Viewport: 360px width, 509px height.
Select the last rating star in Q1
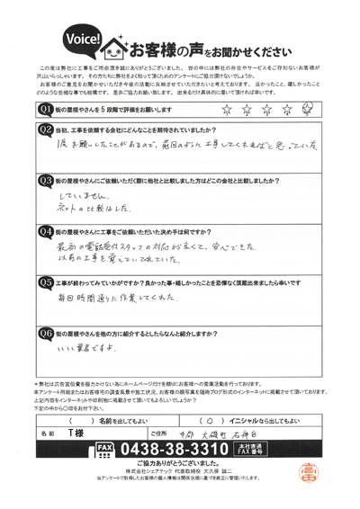pos(309,109)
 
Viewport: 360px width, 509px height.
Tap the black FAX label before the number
pos(103,448)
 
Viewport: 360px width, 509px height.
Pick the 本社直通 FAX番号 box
pos(246,448)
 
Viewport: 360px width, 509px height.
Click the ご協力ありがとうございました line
pos(180,464)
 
